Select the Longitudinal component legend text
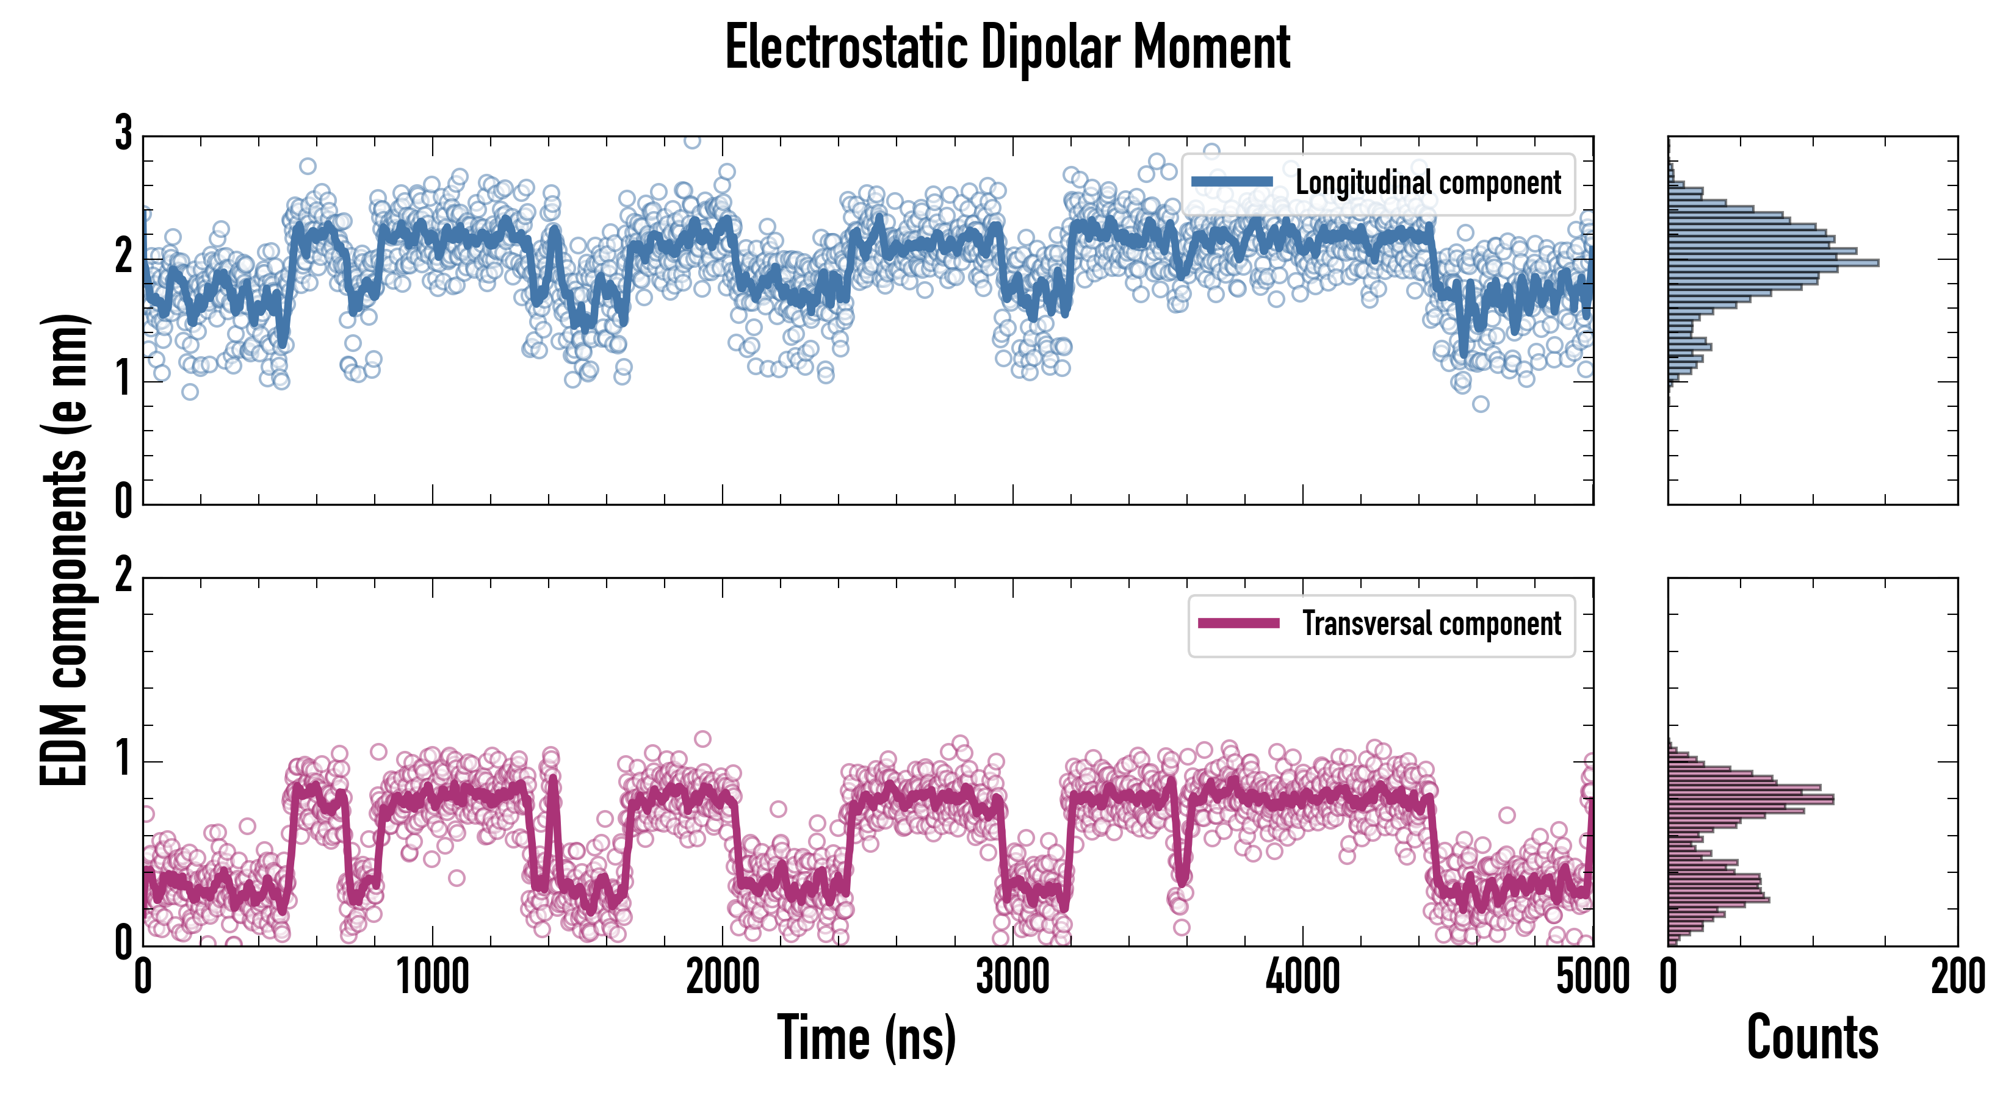[1427, 183]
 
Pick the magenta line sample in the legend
[1238, 623]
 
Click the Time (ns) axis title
[866, 1038]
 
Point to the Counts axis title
[1812, 1038]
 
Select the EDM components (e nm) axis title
[64, 550]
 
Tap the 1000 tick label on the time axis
[432, 977]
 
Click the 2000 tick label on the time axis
[723, 977]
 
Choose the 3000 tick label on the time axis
[1012, 977]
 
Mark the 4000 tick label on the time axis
[1302, 977]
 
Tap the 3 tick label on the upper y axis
[123, 134]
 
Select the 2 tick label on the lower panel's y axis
[123, 576]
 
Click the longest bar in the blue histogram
[1773, 262]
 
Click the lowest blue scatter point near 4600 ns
[1480, 404]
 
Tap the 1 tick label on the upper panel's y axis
[123, 381]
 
